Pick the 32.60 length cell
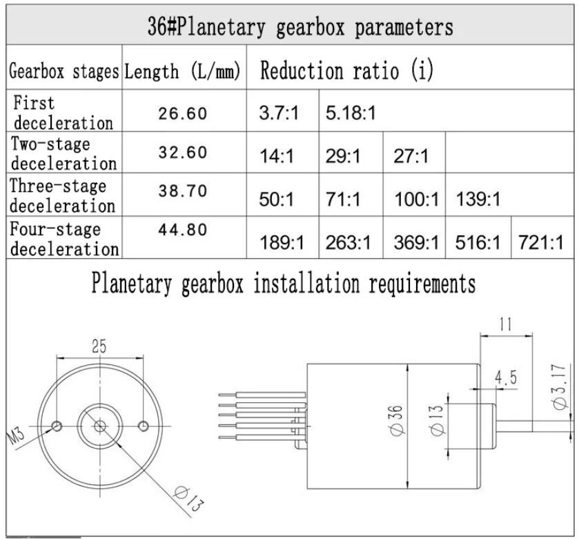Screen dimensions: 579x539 pyautogui.click(x=183, y=154)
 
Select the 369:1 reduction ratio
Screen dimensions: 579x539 pyautogui.click(x=415, y=242)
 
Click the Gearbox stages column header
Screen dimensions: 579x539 pyautogui.click(x=63, y=72)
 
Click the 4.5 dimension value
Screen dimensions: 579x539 pyautogui.click(x=507, y=378)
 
